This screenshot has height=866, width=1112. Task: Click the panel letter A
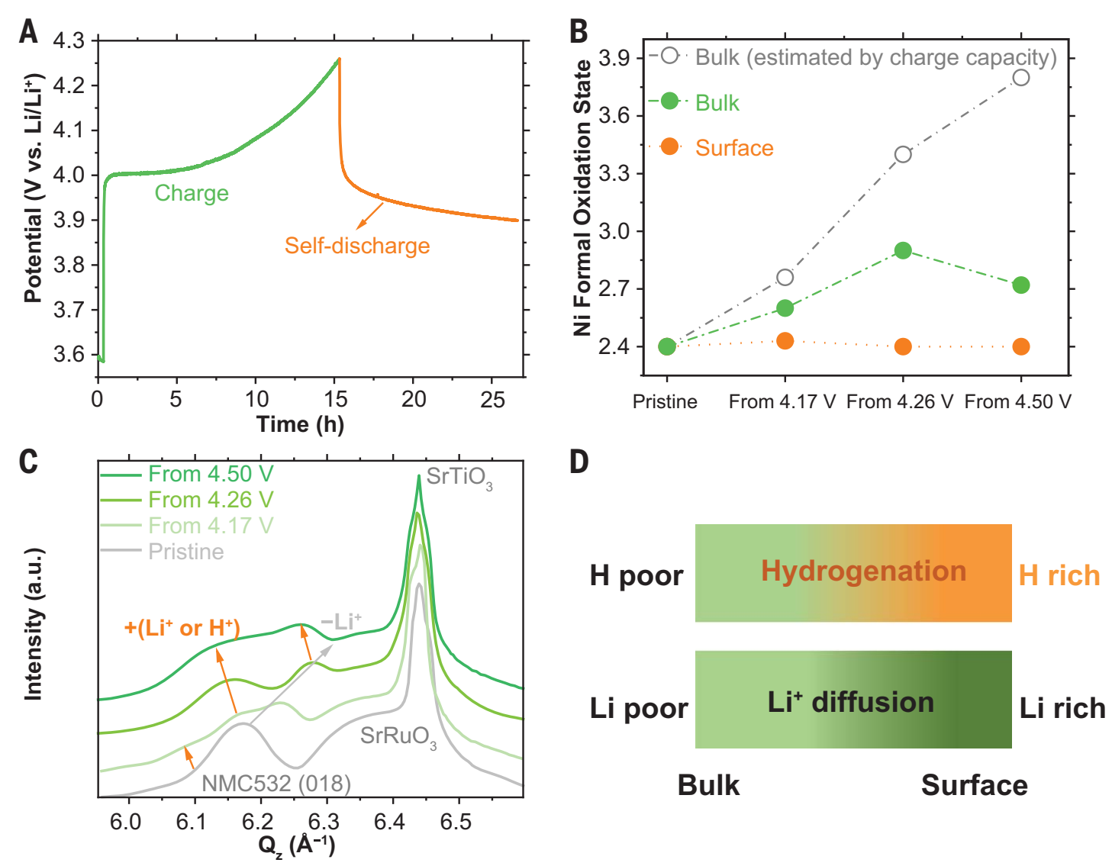click(x=28, y=31)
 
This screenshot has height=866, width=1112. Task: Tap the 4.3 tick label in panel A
click(x=69, y=40)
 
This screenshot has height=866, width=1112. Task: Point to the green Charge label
click(x=192, y=193)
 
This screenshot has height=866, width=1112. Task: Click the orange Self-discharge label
click(x=357, y=246)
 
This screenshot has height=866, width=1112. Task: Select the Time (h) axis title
click(x=300, y=424)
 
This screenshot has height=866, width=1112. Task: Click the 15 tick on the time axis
click(x=335, y=399)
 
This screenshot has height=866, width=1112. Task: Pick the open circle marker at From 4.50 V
click(x=1020, y=78)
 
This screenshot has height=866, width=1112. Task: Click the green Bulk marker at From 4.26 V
click(x=903, y=250)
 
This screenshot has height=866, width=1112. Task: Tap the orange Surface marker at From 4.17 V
click(x=785, y=341)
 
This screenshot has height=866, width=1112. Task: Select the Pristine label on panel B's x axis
click(x=665, y=402)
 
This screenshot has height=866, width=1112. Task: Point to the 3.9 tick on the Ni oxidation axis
click(x=614, y=58)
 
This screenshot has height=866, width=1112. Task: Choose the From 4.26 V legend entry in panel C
click(x=210, y=500)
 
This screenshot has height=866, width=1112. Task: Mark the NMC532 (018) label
click(x=276, y=784)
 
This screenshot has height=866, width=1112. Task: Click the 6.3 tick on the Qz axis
click(x=324, y=822)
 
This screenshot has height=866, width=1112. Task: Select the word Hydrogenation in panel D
click(x=863, y=571)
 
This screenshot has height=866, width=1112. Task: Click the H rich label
click(x=1059, y=575)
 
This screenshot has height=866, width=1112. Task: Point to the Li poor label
click(x=638, y=708)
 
